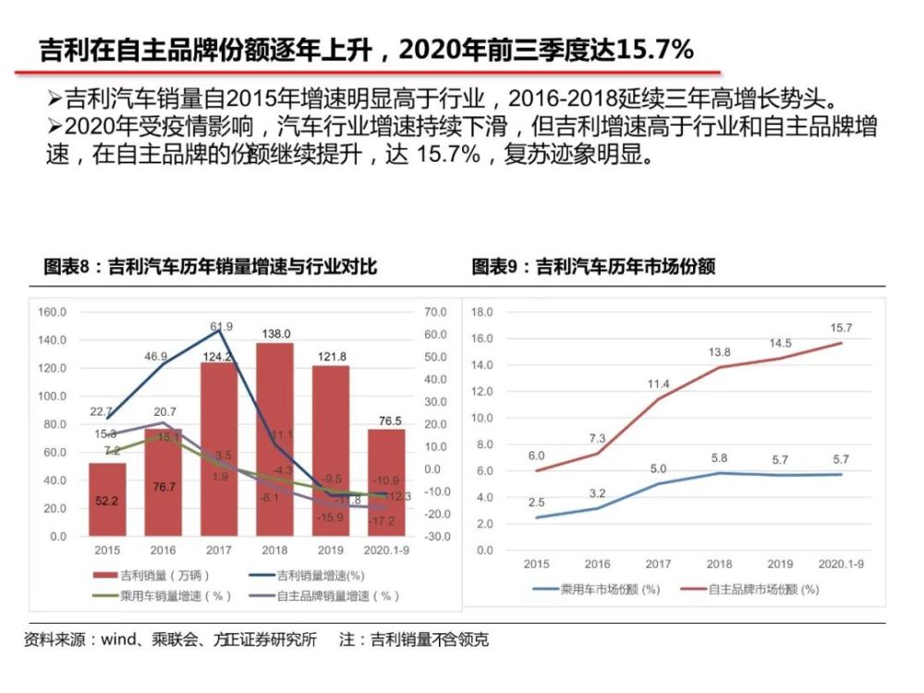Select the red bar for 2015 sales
(107, 499)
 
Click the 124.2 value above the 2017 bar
(219, 356)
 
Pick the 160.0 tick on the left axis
(52, 312)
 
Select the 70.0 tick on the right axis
(436, 312)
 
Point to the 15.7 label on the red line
(841, 328)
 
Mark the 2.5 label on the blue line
(536, 502)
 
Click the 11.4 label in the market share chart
(658, 383)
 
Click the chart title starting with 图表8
(211, 267)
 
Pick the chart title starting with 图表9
(593, 267)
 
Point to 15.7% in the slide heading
(649, 50)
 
